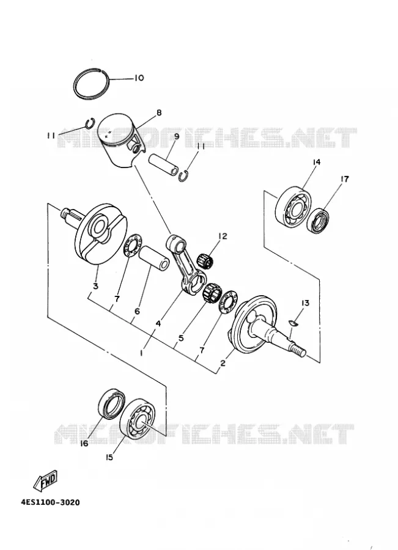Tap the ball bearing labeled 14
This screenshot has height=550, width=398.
pyautogui.click(x=292, y=207)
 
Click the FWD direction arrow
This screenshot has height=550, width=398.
pyautogui.click(x=45, y=480)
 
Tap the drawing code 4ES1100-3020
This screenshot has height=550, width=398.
pyautogui.click(x=51, y=503)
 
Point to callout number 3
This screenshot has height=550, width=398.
pyautogui.click(x=95, y=286)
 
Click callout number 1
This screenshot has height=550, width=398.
pyautogui.click(x=141, y=353)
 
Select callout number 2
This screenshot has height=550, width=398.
pyautogui.click(x=223, y=363)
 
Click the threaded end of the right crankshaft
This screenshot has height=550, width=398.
pyautogui.click(x=299, y=350)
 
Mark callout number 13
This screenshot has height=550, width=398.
pyautogui.click(x=305, y=302)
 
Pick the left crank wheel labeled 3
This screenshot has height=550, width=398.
pyautogui.click(x=100, y=234)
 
